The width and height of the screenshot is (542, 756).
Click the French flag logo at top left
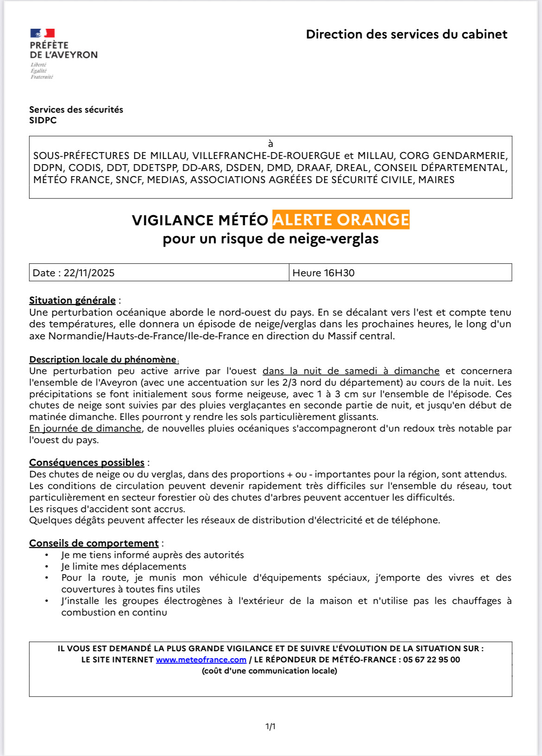(x=43, y=33)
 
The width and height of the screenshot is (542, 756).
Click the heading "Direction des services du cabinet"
(x=406, y=34)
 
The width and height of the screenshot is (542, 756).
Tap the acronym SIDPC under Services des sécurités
(x=43, y=121)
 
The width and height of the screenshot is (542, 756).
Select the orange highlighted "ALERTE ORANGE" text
(x=340, y=220)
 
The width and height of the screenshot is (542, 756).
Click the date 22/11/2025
(x=89, y=273)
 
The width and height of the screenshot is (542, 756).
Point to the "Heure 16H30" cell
(x=323, y=273)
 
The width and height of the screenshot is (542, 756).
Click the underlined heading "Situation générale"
(x=72, y=300)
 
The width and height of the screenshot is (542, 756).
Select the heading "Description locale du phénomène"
(x=103, y=360)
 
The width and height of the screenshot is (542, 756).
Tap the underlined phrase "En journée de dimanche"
(x=85, y=429)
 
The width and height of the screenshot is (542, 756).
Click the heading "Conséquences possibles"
(x=87, y=463)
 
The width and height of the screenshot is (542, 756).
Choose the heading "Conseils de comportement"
(x=94, y=543)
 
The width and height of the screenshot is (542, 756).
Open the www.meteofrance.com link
(x=201, y=660)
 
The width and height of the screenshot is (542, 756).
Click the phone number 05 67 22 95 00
(x=431, y=660)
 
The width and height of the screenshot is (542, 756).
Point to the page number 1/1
(x=271, y=726)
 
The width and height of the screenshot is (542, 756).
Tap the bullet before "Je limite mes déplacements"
(x=47, y=566)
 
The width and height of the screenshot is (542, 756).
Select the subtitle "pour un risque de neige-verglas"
(x=271, y=239)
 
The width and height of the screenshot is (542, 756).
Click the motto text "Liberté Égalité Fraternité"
(x=42, y=71)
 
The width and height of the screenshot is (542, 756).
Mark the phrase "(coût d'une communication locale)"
(x=270, y=671)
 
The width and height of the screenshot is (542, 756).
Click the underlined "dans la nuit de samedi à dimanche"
(x=351, y=371)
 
